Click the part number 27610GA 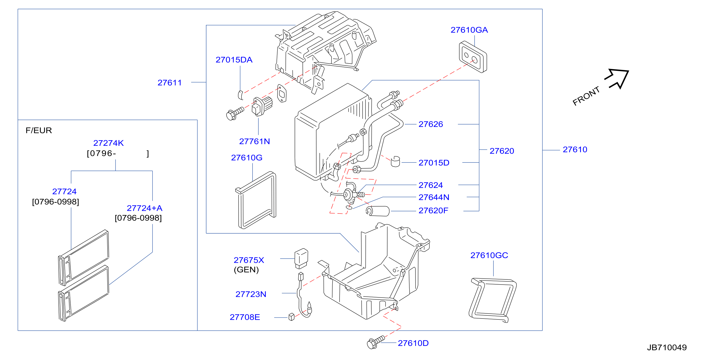pos(469,30)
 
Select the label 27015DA pos(234,60)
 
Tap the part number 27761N pos(254,141)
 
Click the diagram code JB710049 pos(666,348)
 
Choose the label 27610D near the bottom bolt pos(413,343)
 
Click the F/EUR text pos(39,130)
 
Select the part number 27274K pos(108,143)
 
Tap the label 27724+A pos(144,208)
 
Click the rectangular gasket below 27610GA pos(473,57)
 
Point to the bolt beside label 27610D pos(376,342)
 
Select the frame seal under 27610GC pos(492,300)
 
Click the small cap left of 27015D pos(396,162)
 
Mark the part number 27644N pos(434,197)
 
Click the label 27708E pos(245,317)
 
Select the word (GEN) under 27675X pos(246,270)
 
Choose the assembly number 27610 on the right pos(575,150)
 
